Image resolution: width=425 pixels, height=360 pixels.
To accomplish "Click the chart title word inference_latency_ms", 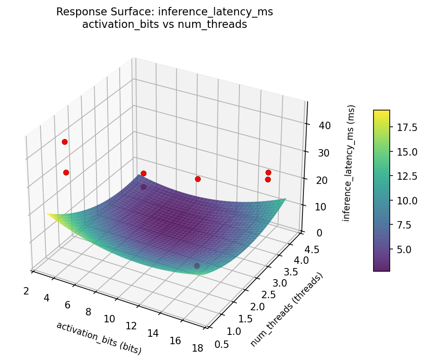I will click(215, 12).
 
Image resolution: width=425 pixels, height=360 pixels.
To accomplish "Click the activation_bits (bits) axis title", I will click(99, 338).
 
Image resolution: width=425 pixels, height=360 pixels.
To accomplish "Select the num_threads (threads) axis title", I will click(286, 309).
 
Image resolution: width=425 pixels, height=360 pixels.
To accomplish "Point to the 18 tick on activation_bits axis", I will click(197, 348).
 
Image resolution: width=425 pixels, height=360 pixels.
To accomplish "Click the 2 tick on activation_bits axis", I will click(26, 291).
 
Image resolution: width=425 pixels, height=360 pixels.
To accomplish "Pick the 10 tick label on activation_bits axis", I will click(109, 319).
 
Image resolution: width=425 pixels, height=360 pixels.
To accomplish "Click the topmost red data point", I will click(64, 142).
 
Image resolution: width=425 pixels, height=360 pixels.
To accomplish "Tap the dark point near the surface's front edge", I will click(197, 266).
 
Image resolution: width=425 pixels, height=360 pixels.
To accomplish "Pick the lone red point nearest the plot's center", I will click(198, 179).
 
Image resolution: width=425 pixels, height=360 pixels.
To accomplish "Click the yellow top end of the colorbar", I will click(381, 112).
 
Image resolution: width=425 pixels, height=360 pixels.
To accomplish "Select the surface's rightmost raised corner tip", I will click(285, 199).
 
